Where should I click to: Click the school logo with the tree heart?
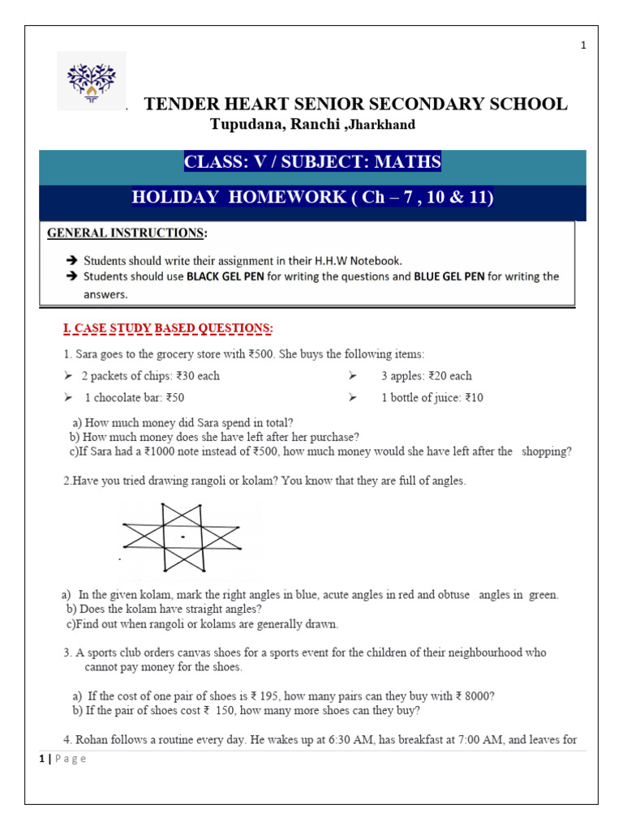click(x=91, y=80)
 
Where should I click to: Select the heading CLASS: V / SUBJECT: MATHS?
click(x=312, y=162)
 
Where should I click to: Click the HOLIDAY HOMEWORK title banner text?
click(x=312, y=198)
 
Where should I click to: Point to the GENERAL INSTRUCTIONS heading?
click(x=126, y=233)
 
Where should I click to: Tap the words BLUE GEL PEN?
click(x=449, y=276)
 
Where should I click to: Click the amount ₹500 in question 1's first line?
click(x=269, y=355)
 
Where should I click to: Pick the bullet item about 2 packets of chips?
click(x=150, y=376)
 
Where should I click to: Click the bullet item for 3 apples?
click(x=426, y=376)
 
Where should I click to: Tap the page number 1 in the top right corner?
click(x=583, y=46)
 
